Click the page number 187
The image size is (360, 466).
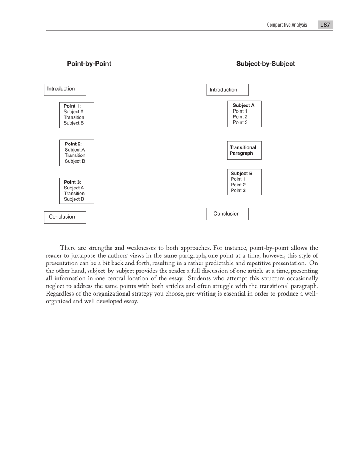(325, 25)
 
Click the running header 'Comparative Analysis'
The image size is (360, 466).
(287, 25)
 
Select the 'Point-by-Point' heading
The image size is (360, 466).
(89, 64)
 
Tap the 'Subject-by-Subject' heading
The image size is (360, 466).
(265, 64)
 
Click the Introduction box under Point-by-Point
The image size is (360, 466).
(65, 89)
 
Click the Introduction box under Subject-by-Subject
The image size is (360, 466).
(227, 90)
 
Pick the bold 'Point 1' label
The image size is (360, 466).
(72, 106)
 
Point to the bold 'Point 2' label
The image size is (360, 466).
(73, 144)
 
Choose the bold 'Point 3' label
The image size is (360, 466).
(72, 182)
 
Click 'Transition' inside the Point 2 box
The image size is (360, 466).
(75, 155)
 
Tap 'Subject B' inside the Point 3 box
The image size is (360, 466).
(74, 199)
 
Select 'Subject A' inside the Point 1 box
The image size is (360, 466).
(74, 112)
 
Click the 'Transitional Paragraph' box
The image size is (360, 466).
(244, 150)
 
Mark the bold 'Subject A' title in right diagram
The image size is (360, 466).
(243, 105)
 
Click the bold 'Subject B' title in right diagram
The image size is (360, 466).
(241, 174)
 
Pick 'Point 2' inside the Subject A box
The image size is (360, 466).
(240, 117)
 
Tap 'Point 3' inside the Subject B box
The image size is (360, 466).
(238, 191)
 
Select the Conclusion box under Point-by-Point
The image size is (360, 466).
(65, 217)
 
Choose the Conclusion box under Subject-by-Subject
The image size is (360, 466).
(227, 214)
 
